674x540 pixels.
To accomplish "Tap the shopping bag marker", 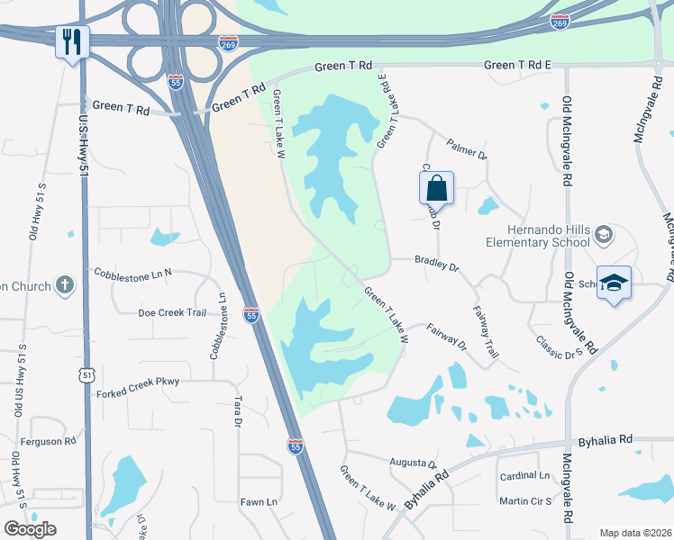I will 436,188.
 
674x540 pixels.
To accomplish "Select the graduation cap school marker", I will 614,283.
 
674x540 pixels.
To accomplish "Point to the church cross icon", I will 64,286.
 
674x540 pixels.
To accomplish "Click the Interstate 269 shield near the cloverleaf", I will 230,43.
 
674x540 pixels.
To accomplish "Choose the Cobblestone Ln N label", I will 132,272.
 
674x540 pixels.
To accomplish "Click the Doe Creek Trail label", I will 172,312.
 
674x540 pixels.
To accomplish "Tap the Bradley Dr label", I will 437,267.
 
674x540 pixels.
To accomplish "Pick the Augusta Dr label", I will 413,463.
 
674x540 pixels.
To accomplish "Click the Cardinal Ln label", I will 524,475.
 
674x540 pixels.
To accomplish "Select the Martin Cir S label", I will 527,500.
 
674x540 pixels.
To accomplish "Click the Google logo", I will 30,528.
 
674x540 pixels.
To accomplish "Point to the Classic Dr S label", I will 556,348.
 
